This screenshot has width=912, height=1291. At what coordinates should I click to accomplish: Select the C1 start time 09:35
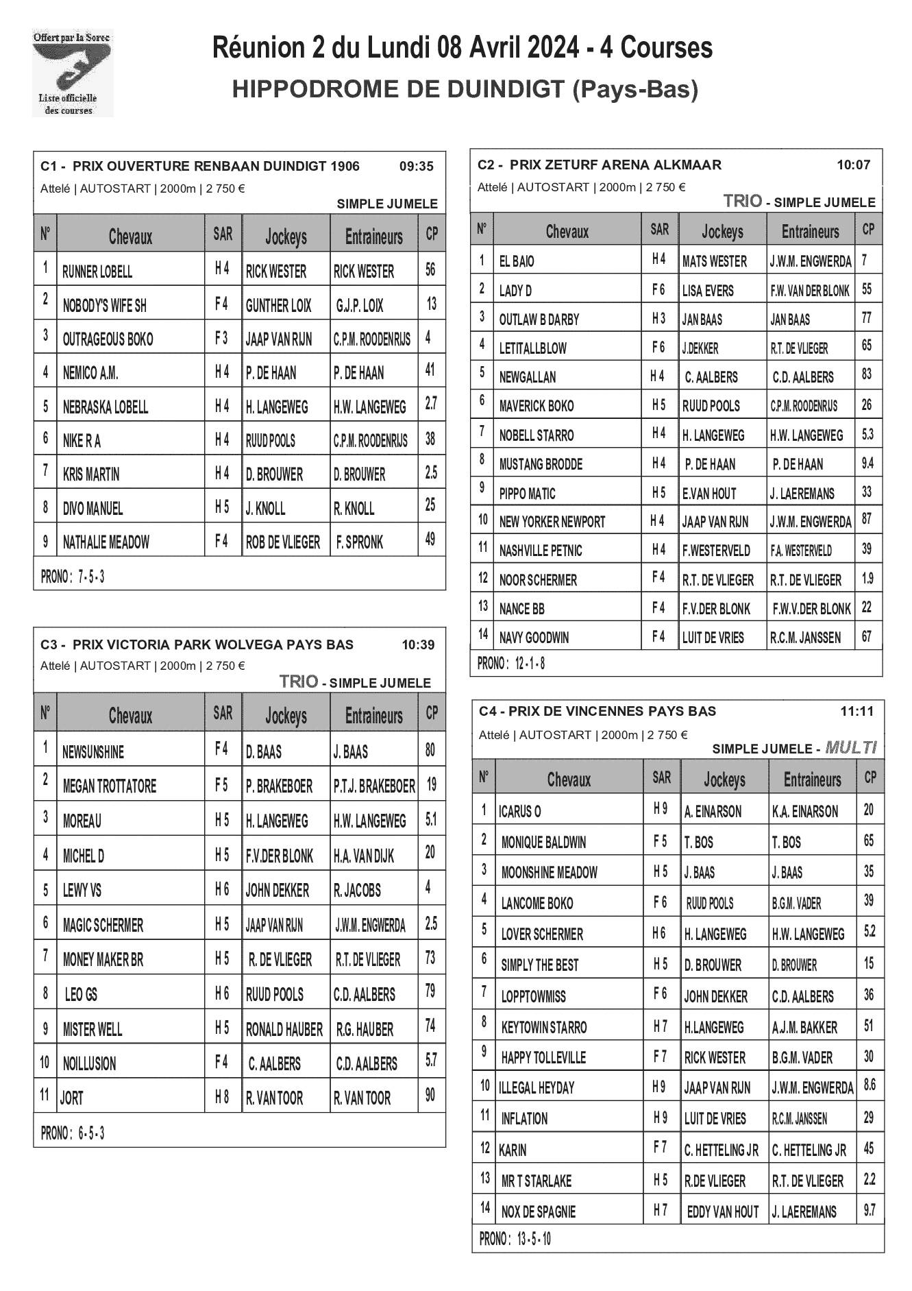(x=416, y=166)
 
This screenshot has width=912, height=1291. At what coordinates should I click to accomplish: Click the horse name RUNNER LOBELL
(x=97, y=272)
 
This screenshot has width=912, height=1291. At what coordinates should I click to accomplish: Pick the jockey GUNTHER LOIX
(x=278, y=306)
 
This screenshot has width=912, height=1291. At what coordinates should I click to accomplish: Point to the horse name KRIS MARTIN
(x=91, y=474)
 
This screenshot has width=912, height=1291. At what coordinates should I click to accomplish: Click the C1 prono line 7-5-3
(x=73, y=577)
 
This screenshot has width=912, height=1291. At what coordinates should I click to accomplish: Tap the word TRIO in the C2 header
(x=742, y=201)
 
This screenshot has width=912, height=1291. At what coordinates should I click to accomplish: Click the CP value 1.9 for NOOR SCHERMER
(x=867, y=579)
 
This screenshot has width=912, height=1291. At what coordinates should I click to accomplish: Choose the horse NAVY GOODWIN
(x=534, y=638)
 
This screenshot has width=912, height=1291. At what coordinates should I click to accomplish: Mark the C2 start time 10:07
(x=853, y=165)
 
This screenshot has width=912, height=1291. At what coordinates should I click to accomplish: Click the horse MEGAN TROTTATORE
(x=110, y=786)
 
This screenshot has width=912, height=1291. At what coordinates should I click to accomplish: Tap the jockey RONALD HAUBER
(x=284, y=1029)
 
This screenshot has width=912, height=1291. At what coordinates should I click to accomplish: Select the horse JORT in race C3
(x=72, y=1098)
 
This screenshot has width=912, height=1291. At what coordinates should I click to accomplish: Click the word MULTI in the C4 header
(x=851, y=747)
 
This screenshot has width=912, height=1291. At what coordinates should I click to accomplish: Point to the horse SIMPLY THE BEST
(x=539, y=965)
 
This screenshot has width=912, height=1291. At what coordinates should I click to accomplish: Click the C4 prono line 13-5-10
(x=515, y=1238)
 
